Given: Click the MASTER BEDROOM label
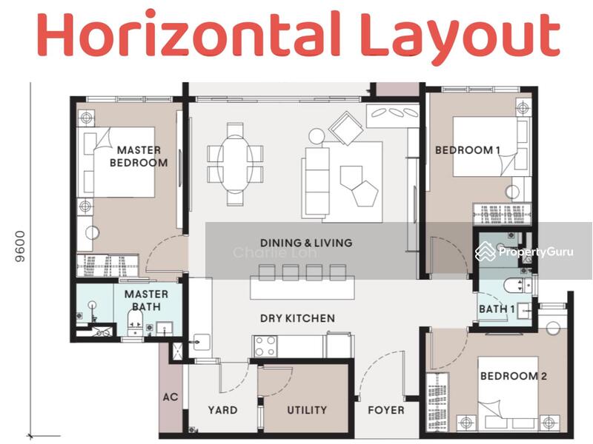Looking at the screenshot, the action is pyautogui.click(x=139, y=156).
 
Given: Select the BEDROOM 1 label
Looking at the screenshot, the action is pyautogui.click(x=468, y=150).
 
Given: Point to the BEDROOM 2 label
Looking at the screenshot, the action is pyautogui.click(x=513, y=376).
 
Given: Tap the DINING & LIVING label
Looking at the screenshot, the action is pyautogui.click(x=306, y=243).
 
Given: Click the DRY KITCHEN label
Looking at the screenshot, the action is pyautogui.click(x=297, y=318).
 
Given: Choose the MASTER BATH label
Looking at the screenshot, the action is pyautogui.click(x=146, y=300).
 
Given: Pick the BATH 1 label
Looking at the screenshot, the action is pyautogui.click(x=497, y=309).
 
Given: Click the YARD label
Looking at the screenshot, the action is pyautogui.click(x=222, y=410).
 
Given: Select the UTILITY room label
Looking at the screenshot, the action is pyautogui.click(x=307, y=410).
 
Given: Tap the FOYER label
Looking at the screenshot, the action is pyautogui.click(x=385, y=410).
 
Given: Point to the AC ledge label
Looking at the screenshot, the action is pyautogui.click(x=170, y=397).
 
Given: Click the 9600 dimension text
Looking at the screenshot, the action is pyautogui.click(x=20, y=246).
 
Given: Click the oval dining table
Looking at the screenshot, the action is pyautogui.click(x=235, y=164).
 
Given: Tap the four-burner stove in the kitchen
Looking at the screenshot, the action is pyautogui.click(x=265, y=346).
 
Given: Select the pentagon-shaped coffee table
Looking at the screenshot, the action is pyautogui.click(x=365, y=193).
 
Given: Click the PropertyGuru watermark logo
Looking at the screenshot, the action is pyautogui.click(x=524, y=252).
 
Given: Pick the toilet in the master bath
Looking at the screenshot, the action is pyautogui.click(x=135, y=318).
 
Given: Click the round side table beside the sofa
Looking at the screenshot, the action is pyautogui.click(x=317, y=136).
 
